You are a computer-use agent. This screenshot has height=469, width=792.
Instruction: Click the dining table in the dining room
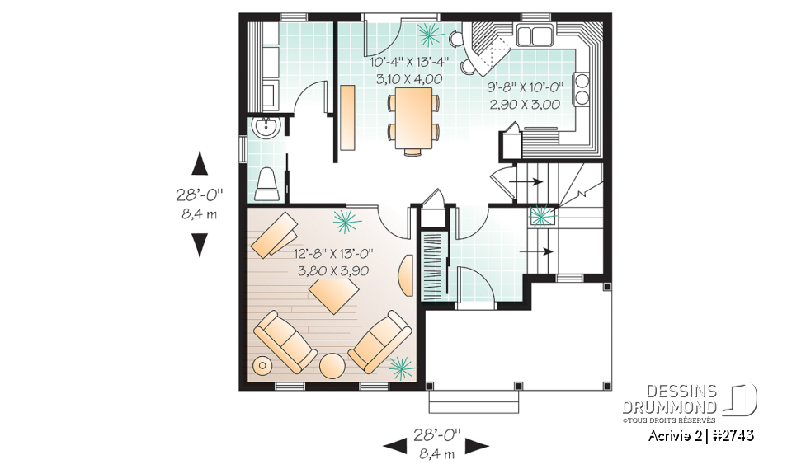[x=412, y=119]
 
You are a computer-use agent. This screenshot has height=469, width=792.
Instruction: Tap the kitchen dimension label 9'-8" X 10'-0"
[x=524, y=88]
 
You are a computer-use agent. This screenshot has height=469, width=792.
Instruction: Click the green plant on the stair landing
[x=541, y=216]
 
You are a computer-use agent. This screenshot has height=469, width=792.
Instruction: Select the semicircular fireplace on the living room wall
[x=408, y=274]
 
